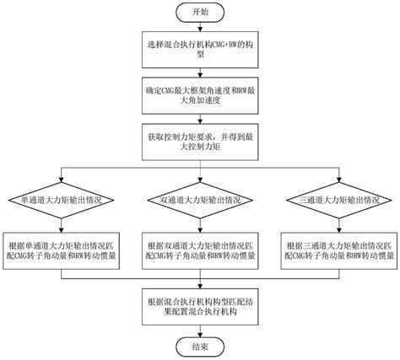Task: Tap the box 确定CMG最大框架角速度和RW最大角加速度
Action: (x=199, y=94)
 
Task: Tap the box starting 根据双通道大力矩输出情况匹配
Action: (x=199, y=241)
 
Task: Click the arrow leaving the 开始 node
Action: (x=199, y=31)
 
